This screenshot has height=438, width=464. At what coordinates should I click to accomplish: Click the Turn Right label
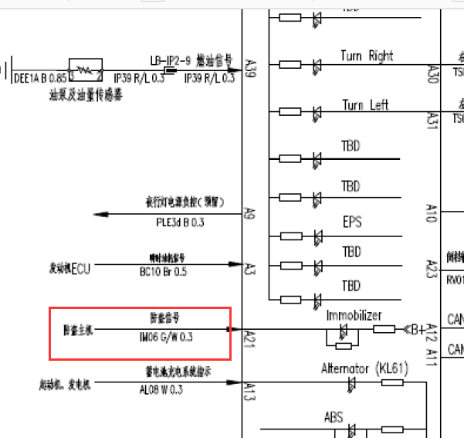click(x=367, y=56)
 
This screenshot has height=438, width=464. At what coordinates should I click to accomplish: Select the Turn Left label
click(x=365, y=105)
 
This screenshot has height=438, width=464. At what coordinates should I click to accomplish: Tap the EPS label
click(x=352, y=222)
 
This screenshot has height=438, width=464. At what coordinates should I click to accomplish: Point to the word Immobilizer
click(x=354, y=316)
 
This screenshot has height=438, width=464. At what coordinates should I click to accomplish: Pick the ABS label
click(x=334, y=417)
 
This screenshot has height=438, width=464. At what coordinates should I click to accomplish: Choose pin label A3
click(x=249, y=268)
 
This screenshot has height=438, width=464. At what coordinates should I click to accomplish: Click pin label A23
click(x=432, y=269)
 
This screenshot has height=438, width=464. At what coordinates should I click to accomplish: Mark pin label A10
click(x=432, y=213)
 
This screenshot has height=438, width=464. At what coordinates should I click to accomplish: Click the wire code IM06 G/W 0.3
click(x=166, y=338)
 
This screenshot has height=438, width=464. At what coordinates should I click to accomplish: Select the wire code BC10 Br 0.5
click(x=163, y=272)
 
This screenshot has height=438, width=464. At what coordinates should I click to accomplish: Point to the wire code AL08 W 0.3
click(x=161, y=390)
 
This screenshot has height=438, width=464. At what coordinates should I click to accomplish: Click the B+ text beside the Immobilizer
click(x=417, y=329)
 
